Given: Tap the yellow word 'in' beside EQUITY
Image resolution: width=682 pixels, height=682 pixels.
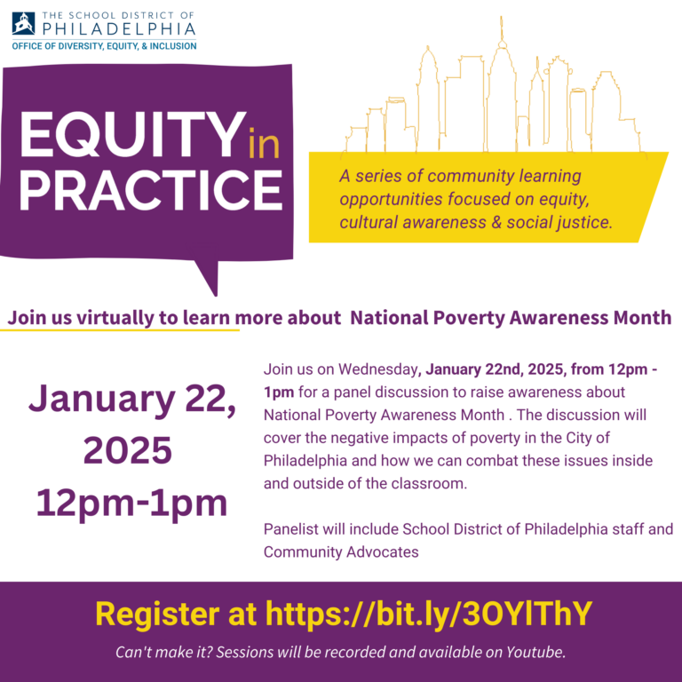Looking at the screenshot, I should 264,142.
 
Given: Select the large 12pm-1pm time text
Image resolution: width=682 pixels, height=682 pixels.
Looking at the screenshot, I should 131,504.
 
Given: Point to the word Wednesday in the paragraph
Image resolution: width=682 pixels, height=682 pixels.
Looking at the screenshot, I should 378,369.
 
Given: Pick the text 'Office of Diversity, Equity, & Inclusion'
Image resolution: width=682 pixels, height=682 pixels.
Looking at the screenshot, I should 104,45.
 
